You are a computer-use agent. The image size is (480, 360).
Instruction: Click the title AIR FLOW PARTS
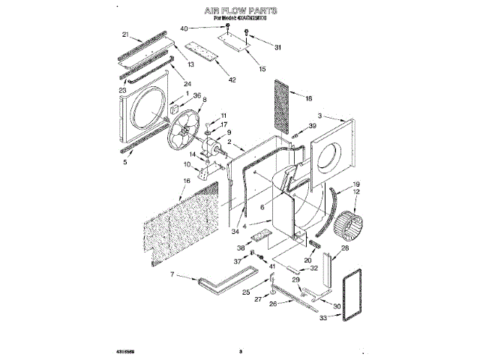pyautogui.click(x=241, y=12)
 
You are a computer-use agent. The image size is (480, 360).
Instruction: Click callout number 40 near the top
pyautogui.click(x=184, y=28)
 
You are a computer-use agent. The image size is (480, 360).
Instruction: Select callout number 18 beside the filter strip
pyautogui.click(x=308, y=97)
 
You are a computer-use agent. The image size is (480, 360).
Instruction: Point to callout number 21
pyautogui.click(x=126, y=34)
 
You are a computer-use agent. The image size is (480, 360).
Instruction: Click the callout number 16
pyautogui.click(x=187, y=181)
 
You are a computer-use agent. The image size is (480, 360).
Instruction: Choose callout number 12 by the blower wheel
pyautogui.click(x=356, y=192)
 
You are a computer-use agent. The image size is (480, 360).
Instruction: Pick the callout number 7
pyautogui.click(x=172, y=275)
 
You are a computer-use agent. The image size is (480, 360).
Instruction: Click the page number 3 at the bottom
pyautogui.click(x=241, y=350)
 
